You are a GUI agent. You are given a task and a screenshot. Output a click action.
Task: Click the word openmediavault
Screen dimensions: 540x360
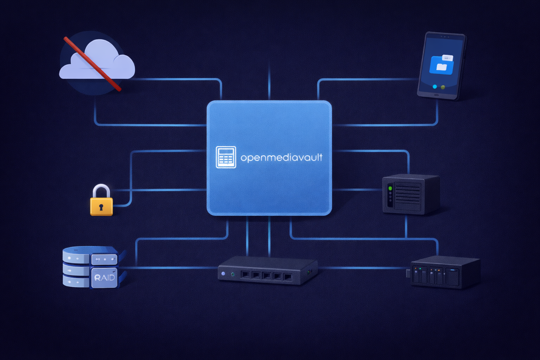click(281, 158)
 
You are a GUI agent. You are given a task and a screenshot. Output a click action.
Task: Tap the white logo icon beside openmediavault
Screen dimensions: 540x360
click(226, 157)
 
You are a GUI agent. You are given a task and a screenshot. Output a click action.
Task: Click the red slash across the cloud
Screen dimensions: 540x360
click(92, 64)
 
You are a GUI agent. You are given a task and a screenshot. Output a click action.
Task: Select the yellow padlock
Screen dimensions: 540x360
click(101, 200)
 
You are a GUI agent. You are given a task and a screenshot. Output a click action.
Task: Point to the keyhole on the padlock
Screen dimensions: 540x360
click(101, 207)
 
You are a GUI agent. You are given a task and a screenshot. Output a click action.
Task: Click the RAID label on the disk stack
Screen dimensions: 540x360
click(105, 278)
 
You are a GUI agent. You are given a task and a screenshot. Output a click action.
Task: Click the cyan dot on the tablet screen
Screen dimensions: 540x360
click(435, 86)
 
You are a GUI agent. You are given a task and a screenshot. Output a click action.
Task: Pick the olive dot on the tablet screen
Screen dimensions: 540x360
click(443, 87)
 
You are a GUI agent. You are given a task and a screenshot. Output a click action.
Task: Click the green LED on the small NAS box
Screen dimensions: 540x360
click(390, 188)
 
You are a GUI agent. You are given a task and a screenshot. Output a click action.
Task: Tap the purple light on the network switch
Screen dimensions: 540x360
click(223, 274)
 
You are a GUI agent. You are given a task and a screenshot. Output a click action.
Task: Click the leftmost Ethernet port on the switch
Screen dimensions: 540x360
click(245, 275)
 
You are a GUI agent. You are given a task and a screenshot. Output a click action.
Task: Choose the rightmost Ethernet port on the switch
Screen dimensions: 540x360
click(288, 277)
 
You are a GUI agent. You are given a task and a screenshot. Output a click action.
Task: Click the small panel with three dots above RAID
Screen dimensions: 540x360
click(104, 260)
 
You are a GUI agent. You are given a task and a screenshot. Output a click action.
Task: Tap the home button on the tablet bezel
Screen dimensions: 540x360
click(436, 95)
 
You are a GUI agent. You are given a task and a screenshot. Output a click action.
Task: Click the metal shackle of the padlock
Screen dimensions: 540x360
click(101, 191)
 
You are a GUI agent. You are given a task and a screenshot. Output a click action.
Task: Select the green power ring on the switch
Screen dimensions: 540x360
click(233, 274)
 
